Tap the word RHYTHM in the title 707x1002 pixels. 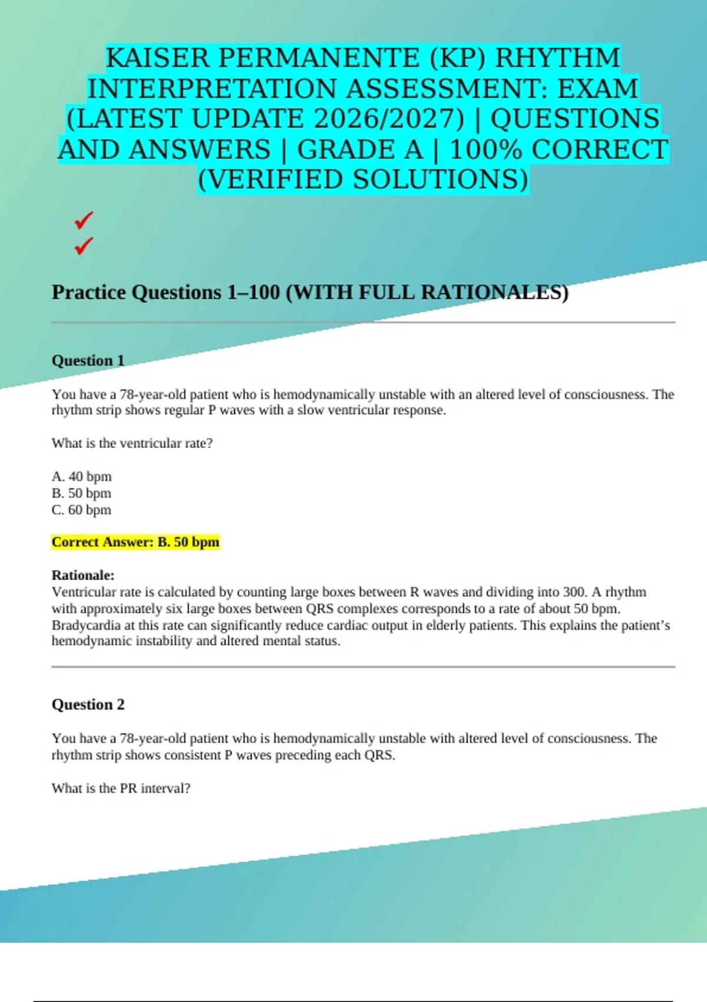coord(557,58)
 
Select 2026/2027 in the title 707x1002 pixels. coord(389,119)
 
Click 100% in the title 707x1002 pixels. coord(485,150)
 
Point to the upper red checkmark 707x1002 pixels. coord(84,220)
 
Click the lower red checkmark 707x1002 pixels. coord(84,245)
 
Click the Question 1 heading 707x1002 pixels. coord(88,360)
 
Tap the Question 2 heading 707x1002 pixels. coord(88,704)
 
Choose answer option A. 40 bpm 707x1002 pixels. coord(81,476)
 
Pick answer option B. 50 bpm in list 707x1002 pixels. coord(81,493)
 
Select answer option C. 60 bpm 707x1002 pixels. coord(81,510)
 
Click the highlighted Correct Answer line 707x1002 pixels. coord(136,542)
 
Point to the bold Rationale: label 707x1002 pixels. coord(83,575)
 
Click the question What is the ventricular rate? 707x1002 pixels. coord(132,443)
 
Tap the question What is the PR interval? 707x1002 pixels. coord(121,788)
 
